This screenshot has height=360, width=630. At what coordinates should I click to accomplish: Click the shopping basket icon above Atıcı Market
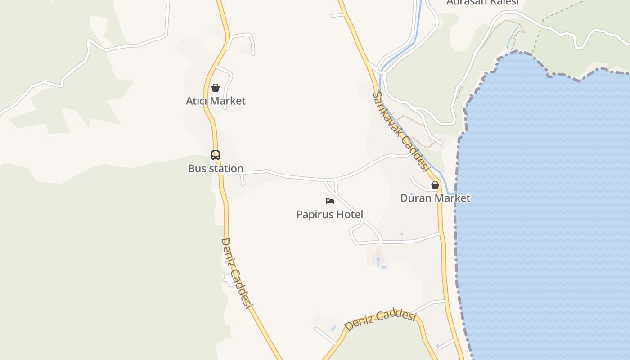click(216, 88)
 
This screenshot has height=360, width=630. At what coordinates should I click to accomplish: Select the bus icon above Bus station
click(216, 155)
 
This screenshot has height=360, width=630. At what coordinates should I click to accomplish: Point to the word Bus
click(196, 169)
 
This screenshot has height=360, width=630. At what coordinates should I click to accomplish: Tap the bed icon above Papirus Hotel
click(330, 201)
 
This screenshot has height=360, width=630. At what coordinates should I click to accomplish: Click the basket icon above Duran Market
click(435, 185)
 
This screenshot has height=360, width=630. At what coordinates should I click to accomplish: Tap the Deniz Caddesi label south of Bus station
click(235, 273)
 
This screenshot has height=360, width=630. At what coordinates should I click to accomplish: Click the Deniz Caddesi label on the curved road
click(380, 319)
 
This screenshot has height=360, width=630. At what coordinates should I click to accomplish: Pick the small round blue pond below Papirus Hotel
click(378, 259)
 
